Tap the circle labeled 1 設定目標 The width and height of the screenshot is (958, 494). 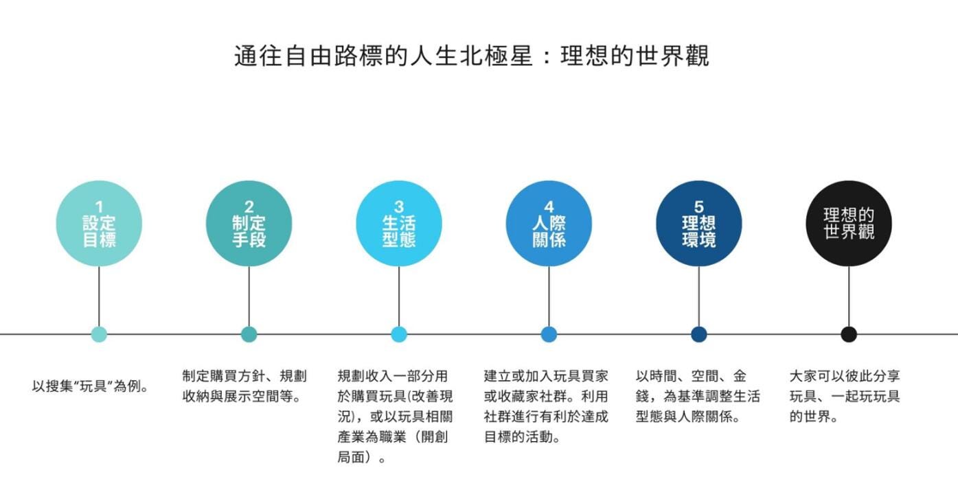click(x=99, y=224)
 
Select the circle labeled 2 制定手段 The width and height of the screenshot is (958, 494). click(x=249, y=224)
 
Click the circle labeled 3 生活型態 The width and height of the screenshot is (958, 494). click(x=399, y=224)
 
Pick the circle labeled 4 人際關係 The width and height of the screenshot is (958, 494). click(x=549, y=224)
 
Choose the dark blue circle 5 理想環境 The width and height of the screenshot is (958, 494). click(x=698, y=224)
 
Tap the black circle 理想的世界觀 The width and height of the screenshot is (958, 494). click(x=849, y=224)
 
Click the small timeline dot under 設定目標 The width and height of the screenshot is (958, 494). click(x=99, y=334)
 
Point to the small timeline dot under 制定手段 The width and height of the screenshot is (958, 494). click(x=249, y=334)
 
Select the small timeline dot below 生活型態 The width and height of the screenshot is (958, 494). click(x=399, y=334)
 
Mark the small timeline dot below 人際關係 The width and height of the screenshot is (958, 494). click(x=549, y=334)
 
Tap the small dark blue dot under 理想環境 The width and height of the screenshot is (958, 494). click(x=698, y=334)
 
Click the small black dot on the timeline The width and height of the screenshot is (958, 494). click(x=849, y=334)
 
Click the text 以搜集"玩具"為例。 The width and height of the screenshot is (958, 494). click(x=91, y=386)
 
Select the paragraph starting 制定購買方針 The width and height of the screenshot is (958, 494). click(x=244, y=386)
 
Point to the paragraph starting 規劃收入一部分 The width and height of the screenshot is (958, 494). click(x=395, y=416)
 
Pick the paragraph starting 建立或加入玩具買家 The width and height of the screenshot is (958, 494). click(x=546, y=406)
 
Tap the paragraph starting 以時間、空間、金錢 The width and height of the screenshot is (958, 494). click(x=698, y=396)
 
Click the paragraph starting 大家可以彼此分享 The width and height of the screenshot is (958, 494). click(x=845, y=396)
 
